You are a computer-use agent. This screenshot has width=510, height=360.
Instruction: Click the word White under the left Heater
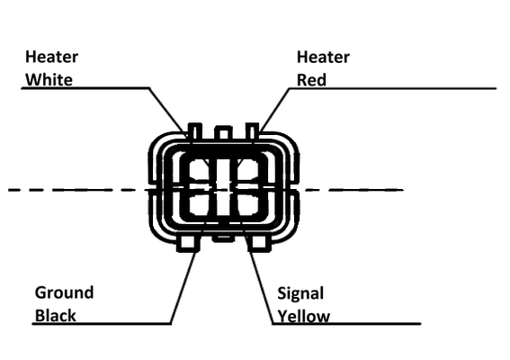coord(49,80)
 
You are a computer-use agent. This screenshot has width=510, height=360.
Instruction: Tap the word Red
coord(311,80)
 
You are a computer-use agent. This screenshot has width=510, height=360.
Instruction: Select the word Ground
coord(64,292)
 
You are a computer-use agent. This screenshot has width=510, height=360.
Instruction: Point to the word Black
coord(55,315)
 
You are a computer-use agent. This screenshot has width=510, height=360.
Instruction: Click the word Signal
coord(300,293)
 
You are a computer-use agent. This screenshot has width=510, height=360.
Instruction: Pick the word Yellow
coord(304,317)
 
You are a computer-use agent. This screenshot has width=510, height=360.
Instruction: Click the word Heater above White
coord(51,57)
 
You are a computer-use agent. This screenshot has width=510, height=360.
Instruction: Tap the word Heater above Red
coord(323,57)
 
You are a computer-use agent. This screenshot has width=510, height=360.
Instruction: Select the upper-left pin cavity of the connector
coord(200,173)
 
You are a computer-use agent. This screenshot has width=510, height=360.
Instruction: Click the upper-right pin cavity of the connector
coord(248,173)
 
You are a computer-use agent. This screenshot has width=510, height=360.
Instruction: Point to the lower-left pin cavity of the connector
coord(200,203)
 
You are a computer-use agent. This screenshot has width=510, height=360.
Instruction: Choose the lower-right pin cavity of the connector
coord(248,203)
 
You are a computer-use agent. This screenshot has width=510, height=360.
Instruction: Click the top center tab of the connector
coord(223,133)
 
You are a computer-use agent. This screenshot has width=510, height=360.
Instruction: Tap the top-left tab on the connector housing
coord(195,132)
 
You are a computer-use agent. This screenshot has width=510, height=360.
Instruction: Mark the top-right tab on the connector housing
coord(253,132)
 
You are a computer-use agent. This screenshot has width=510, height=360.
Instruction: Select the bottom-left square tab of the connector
coord(188,242)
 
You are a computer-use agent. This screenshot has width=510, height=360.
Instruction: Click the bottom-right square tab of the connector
coord(259,242)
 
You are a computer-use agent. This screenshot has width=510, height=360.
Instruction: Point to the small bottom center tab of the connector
coord(223,238)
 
